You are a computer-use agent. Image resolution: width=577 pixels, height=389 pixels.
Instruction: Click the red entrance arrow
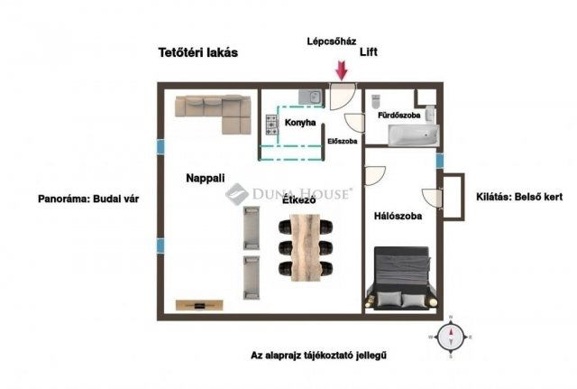(342, 69)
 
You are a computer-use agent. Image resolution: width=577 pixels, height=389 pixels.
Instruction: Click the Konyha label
(300, 123)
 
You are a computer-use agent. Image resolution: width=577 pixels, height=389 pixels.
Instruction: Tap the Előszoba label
(343, 142)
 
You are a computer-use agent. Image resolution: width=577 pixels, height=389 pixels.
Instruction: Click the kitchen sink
(307, 97)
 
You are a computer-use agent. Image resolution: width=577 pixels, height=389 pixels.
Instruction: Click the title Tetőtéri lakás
(197, 52)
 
